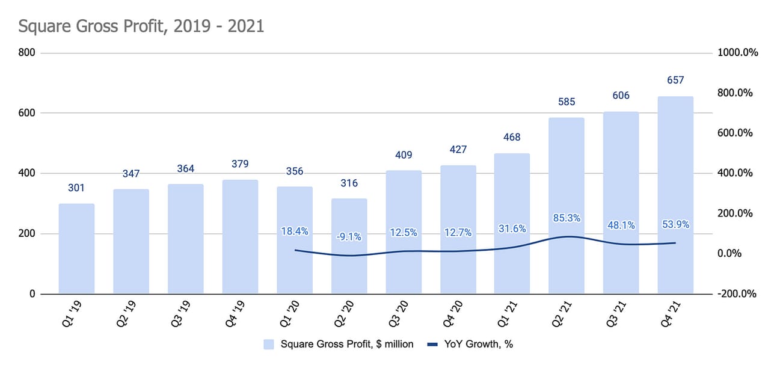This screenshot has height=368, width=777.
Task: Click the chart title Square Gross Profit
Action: coord(141,27)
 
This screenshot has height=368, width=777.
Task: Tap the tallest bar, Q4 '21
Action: coord(675,195)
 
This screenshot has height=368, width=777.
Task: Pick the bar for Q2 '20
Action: coord(349,246)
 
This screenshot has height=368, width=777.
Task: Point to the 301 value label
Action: coord(76,189)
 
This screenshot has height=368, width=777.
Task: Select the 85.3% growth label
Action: coord(566,218)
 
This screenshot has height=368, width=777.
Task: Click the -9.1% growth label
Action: coord(349,237)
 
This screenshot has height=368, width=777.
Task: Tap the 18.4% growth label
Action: coord(295,230)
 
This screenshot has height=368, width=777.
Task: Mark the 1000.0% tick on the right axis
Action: coord(738,53)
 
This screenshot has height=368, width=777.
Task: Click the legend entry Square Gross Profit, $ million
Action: coord(339,344)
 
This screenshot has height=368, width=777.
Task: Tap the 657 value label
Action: coord(675,80)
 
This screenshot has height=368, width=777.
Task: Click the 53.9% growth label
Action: coord(675,225)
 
